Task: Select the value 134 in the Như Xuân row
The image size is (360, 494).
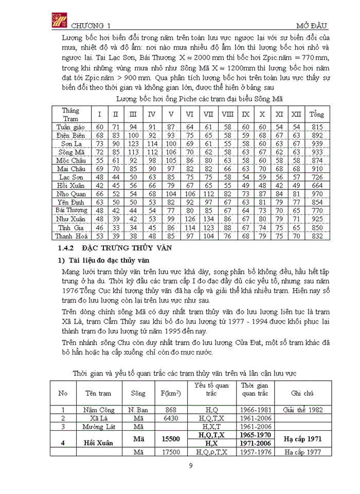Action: [209, 219]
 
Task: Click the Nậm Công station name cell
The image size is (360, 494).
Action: [98, 410]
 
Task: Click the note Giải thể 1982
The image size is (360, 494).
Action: [302, 410]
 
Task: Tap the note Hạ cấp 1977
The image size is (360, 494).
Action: [302, 452]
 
